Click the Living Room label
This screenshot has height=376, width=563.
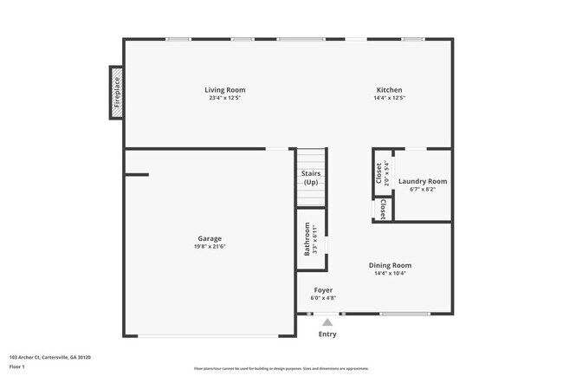coord(224,90)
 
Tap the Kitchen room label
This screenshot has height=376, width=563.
coord(389,90)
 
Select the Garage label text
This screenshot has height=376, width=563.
coord(209,238)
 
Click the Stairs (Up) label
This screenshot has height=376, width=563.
coord(310,178)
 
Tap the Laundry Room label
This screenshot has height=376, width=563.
coord(423,181)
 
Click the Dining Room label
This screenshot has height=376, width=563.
coord(390,265)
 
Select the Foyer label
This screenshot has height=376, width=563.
coord(323,290)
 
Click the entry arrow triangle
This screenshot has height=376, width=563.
coord(327,321)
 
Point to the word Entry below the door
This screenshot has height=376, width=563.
coord(327,334)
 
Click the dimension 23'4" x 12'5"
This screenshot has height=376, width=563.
coord(224,99)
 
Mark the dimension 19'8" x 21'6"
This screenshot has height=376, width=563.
coord(209,246)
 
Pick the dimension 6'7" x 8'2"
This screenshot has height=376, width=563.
coord(423,189)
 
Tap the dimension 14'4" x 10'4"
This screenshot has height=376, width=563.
coord(390,274)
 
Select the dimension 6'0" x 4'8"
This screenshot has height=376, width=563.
coord(323,298)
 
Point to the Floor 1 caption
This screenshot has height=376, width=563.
coord(18,366)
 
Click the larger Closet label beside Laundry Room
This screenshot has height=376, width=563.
coord(379,173)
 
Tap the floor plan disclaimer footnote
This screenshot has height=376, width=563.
coord(281,367)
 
